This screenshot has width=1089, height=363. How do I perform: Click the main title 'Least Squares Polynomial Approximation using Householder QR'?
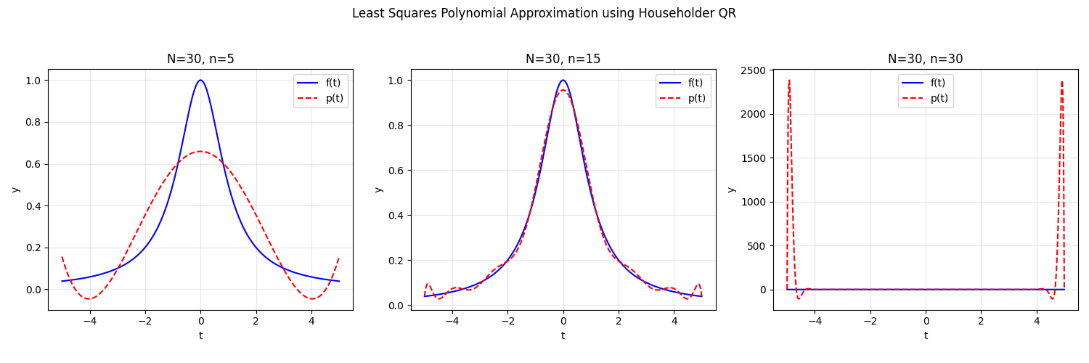click(x=544, y=13)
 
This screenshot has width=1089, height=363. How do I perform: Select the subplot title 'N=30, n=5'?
click(x=200, y=60)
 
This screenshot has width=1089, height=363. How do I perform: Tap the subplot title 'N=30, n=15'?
click(x=563, y=60)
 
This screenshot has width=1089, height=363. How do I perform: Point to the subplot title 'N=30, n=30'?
click(x=925, y=60)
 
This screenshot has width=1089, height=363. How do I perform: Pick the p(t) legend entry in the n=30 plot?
click(x=939, y=98)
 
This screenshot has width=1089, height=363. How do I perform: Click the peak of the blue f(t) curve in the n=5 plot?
click(x=200, y=80)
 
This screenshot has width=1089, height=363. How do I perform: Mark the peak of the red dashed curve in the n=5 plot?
click(x=200, y=151)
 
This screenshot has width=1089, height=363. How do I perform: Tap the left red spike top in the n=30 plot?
click(x=789, y=80)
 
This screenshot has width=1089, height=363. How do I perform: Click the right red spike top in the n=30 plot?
click(x=1061, y=81)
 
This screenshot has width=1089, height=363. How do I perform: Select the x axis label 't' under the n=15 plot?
click(x=563, y=335)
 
